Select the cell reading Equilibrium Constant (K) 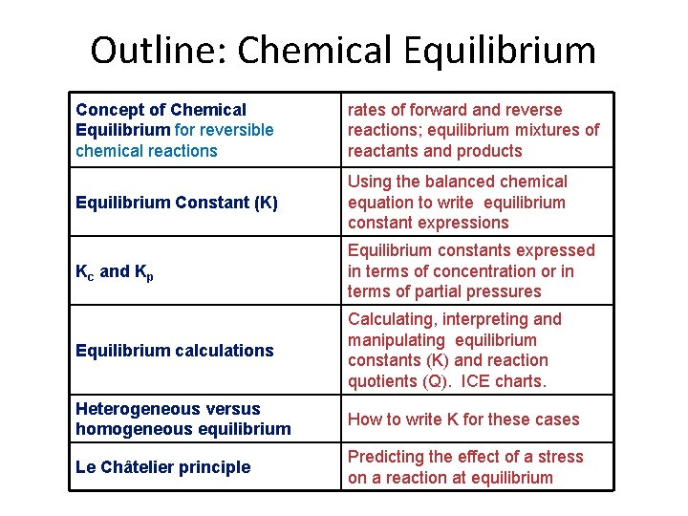pyautogui.click(x=177, y=203)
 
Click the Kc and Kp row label pyautogui.click(x=115, y=271)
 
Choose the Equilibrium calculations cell pyautogui.click(x=175, y=351)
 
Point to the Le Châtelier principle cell pyautogui.click(x=163, y=467)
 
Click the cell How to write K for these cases pyautogui.click(x=463, y=419)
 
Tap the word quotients pyautogui.click(x=382, y=381)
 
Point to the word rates pyautogui.click(x=369, y=110)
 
